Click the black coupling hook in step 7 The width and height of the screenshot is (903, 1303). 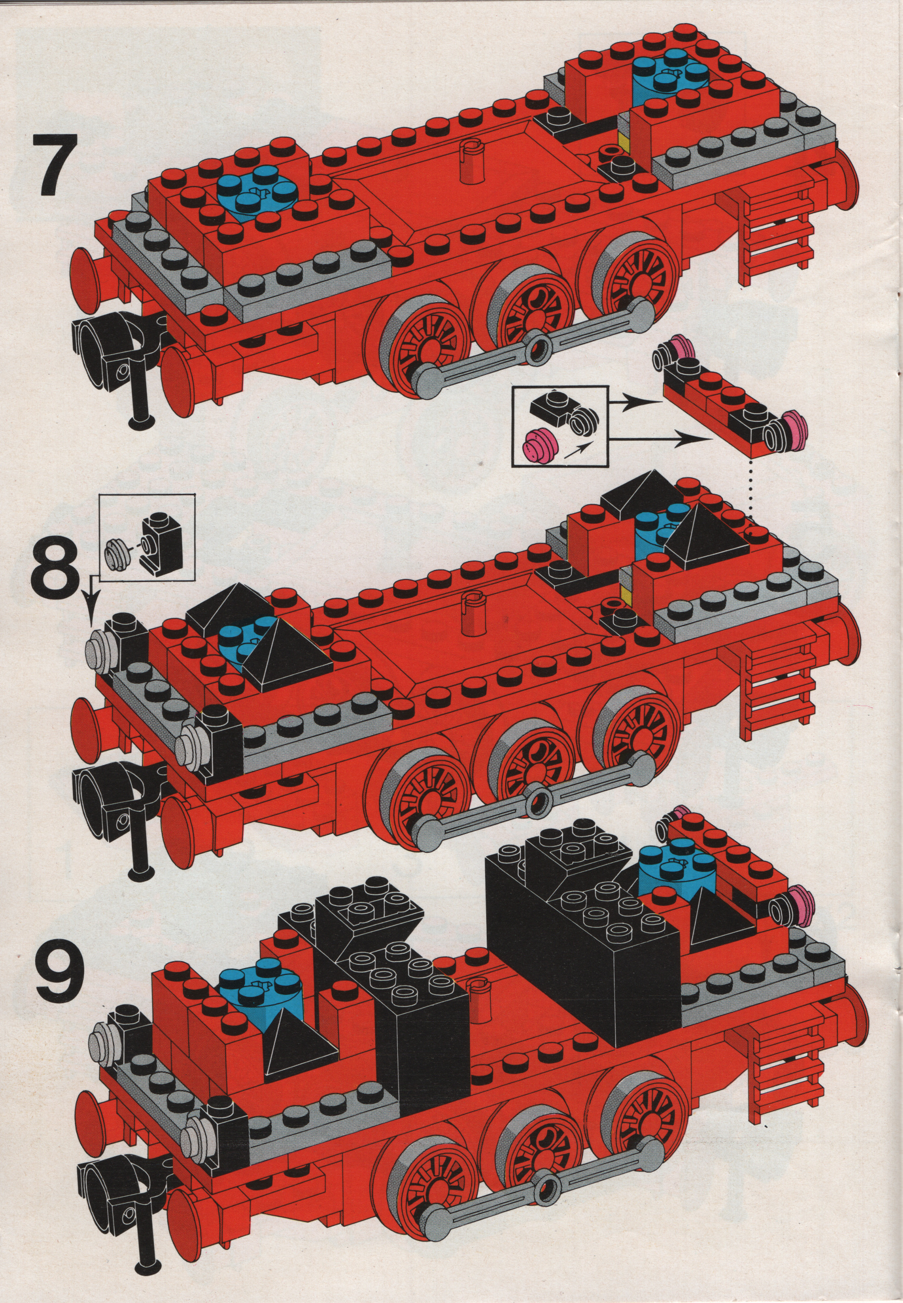(116, 362)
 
